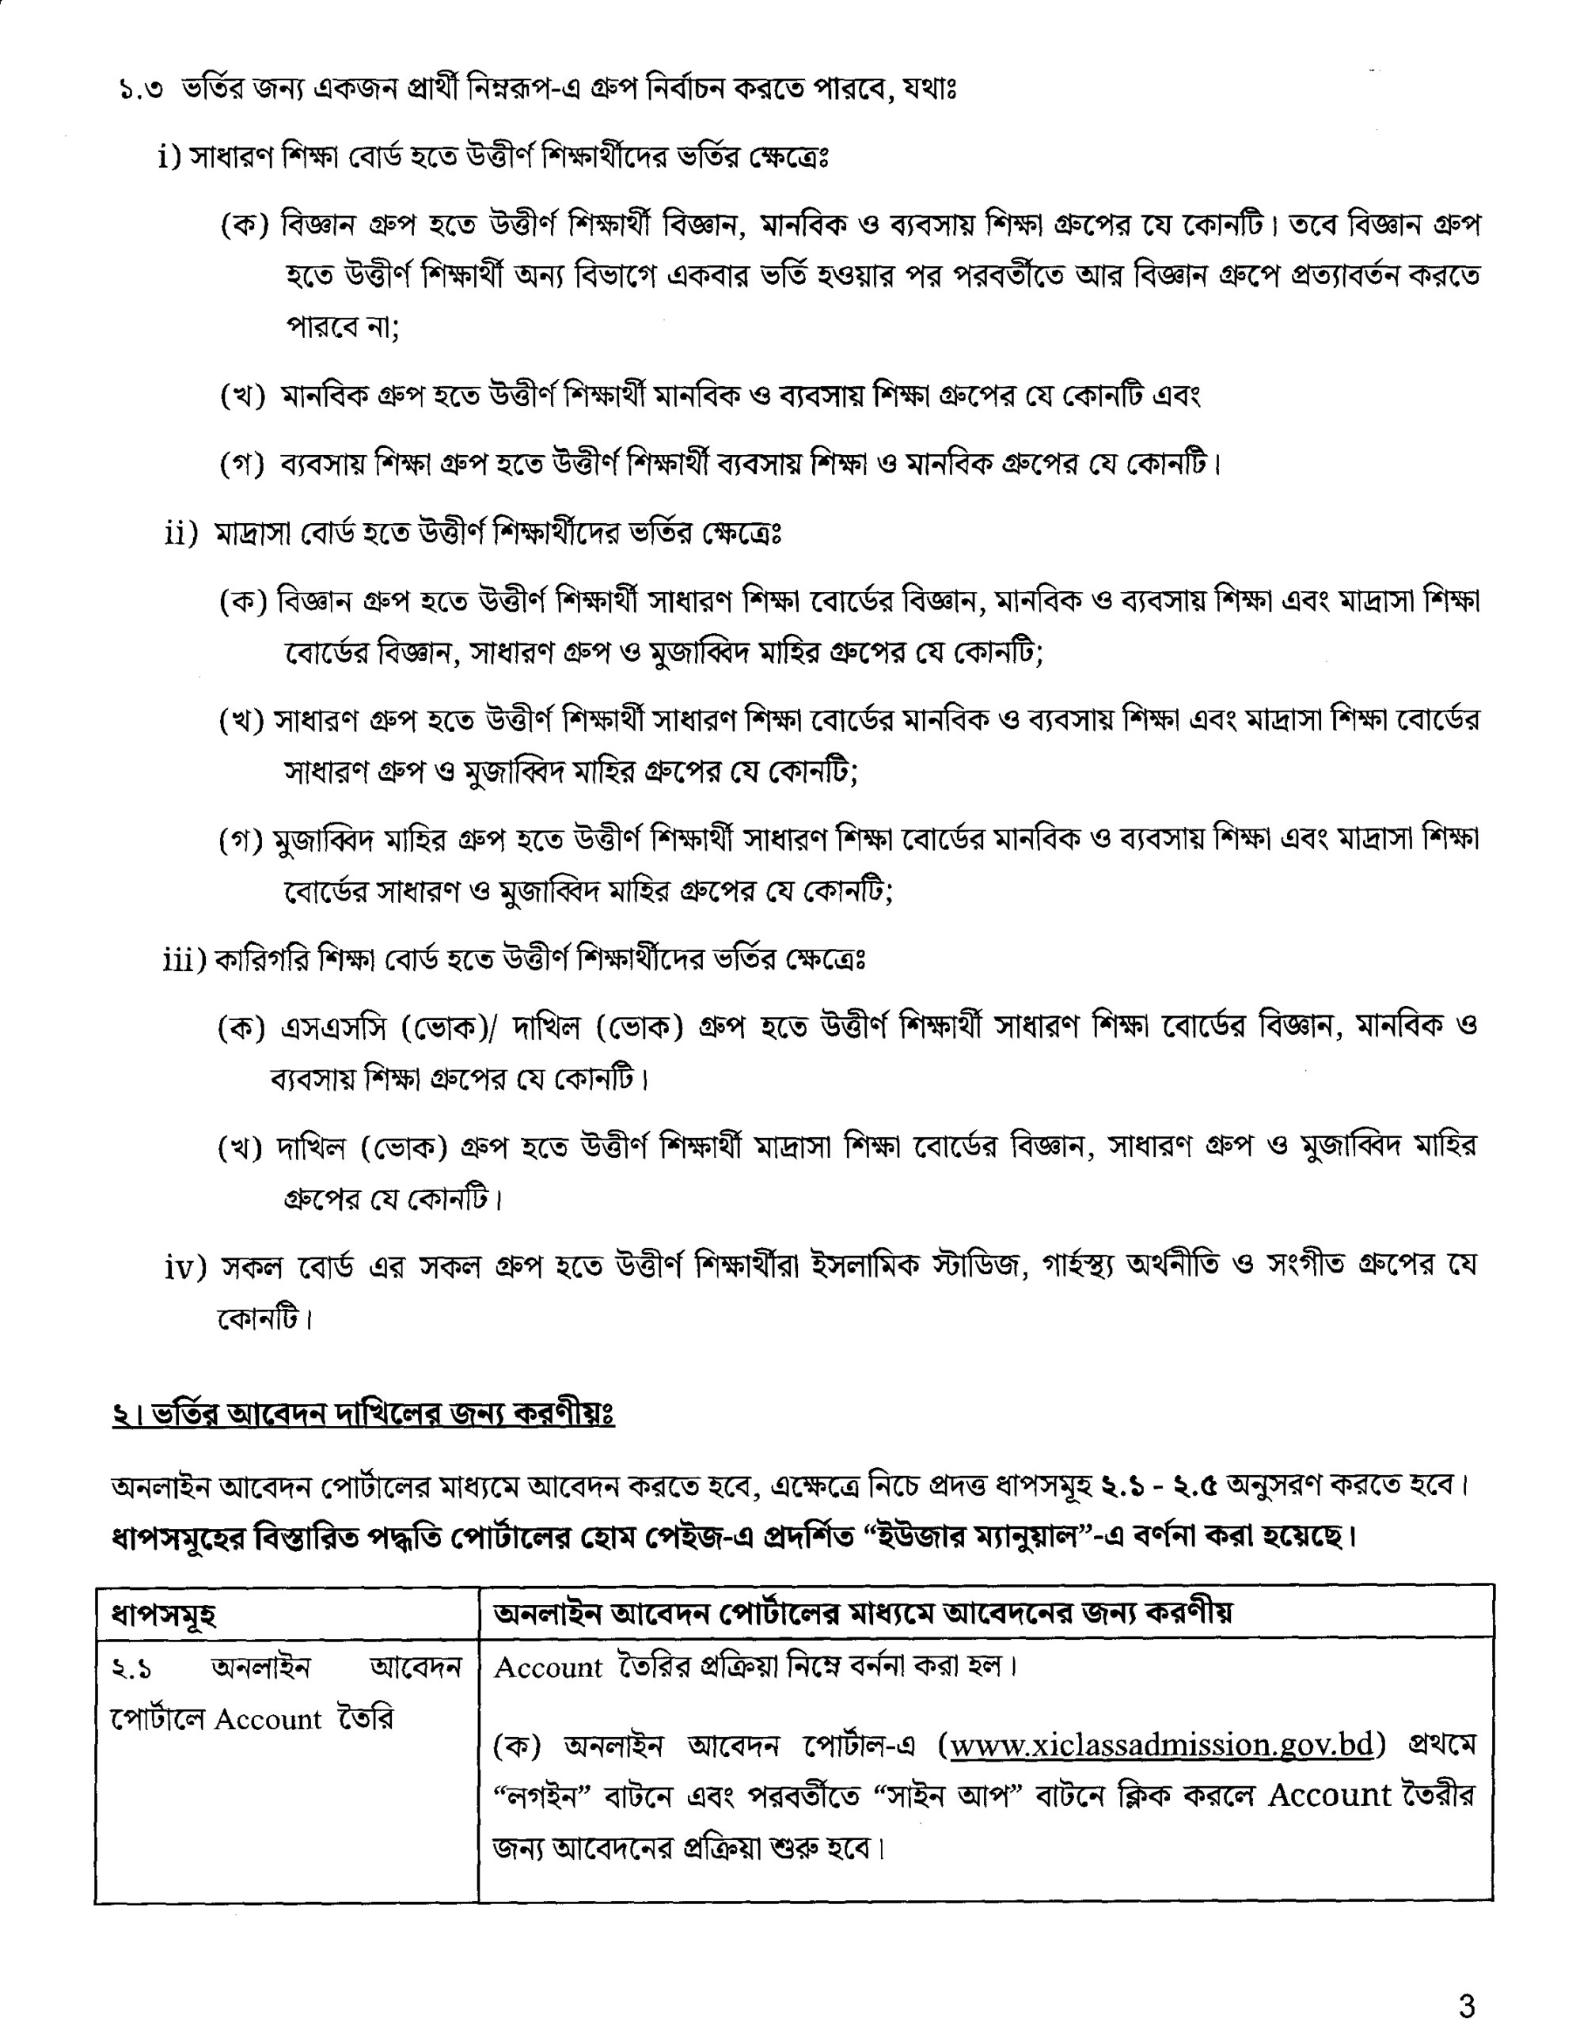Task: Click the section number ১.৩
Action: [x=141, y=90]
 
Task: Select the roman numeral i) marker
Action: [x=169, y=157]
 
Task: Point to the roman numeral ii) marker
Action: [x=182, y=534]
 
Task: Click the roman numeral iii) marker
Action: [x=184, y=959]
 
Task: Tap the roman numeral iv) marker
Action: [x=184, y=1266]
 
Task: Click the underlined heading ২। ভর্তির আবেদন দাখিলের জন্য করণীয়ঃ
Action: [x=363, y=1413]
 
